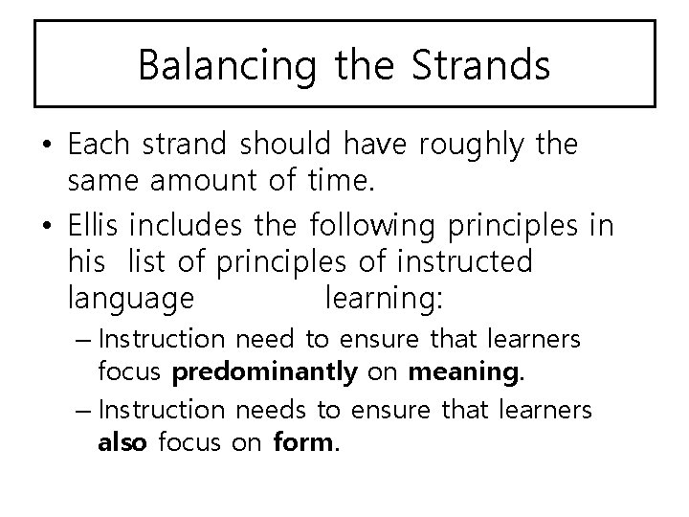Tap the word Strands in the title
tap(482, 64)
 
